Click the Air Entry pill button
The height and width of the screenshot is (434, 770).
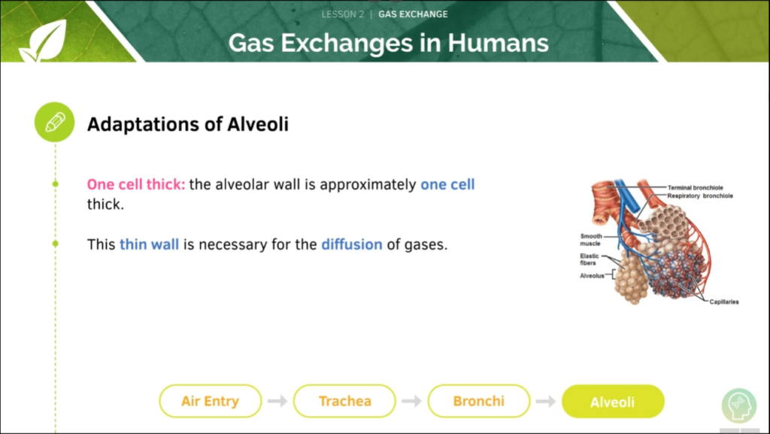point(211,401)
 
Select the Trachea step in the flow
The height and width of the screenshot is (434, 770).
point(344,401)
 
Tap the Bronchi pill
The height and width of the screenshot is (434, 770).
point(479,401)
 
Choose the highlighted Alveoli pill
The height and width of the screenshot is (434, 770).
point(613,402)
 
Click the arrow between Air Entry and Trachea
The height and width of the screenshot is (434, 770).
point(277,401)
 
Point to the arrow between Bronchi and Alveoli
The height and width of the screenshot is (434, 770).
point(546,401)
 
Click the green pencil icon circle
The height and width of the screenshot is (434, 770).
point(54,123)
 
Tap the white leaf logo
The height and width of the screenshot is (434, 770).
point(44,41)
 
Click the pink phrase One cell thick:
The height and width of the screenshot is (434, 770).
point(136,184)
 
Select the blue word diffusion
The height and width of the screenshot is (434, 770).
point(352,244)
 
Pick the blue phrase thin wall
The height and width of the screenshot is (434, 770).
point(150,244)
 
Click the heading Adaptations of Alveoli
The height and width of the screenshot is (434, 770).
point(187,124)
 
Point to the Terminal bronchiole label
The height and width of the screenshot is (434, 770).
point(695,187)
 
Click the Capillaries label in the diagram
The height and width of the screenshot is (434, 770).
point(724,302)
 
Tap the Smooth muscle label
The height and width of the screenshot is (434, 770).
point(591,240)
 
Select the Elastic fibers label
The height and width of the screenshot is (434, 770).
point(589,259)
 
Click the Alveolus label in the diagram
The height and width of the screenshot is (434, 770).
point(592,276)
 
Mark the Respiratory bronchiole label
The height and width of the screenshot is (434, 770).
point(700,196)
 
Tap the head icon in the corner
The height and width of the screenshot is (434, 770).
point(739,405)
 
